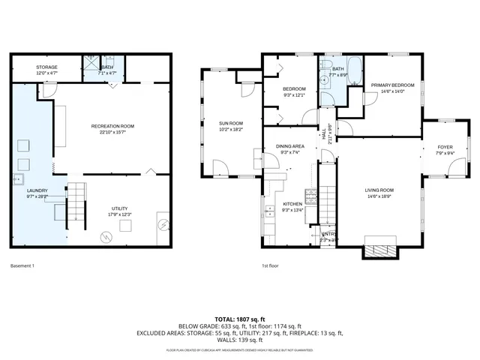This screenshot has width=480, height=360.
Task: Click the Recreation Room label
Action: click(x=112, y=125)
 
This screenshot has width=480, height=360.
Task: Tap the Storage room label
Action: click(x=46, y=67)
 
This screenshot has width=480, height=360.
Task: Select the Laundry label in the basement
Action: click(x=37, y=190)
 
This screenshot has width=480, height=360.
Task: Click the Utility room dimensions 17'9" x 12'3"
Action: click(x=120, y=215)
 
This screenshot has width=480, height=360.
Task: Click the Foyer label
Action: click(x=445, y=147)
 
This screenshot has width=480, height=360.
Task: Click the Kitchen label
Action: click(x=292, y=204)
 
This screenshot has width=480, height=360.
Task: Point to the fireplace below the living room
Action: click(x=379, y=248)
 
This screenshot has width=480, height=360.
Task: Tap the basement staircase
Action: click(x=75, y=205)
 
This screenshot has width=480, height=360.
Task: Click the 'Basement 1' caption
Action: click(x=22, y=265)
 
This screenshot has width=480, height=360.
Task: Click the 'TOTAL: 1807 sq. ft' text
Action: click(x=240, y=318)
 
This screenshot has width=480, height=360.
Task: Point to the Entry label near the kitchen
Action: click(x=328, y=234)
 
